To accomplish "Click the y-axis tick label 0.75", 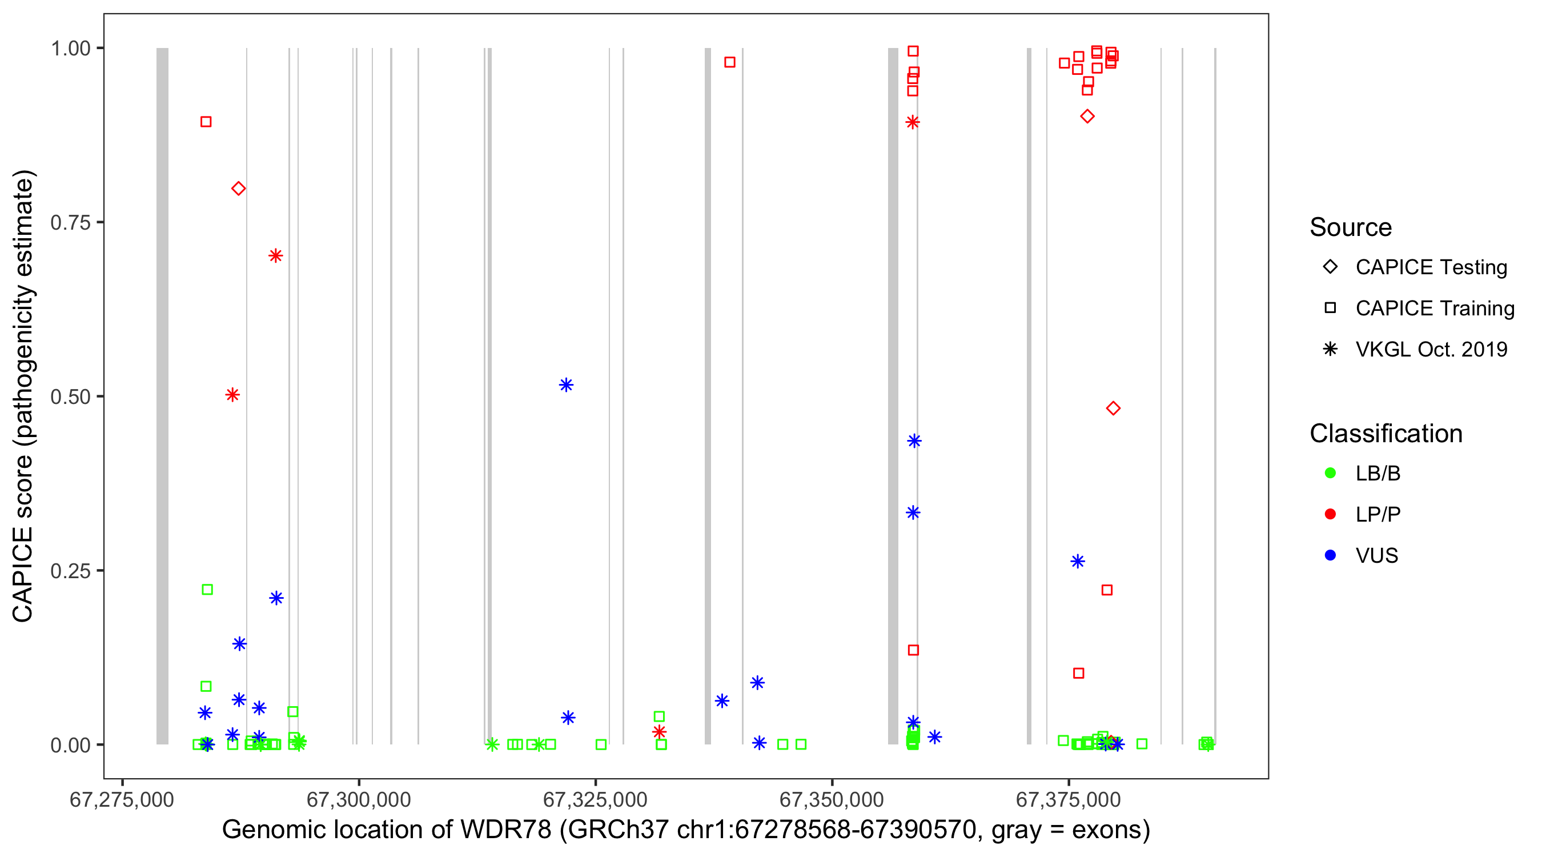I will point(70,223).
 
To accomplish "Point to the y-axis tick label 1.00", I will point(70,49).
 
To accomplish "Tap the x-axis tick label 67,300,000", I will point(359,799).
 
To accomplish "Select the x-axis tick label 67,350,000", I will point(832,799).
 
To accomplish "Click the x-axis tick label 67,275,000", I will point(122,799).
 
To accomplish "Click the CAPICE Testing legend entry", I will point(1431,267).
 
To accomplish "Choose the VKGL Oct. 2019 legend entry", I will point(1431,349).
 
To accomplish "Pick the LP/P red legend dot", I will point(1331,514).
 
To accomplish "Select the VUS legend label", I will point(1377,556).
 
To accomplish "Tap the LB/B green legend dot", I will point(1331,473).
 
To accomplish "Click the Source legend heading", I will point(1351,227).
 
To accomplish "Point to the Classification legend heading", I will point(1386,434).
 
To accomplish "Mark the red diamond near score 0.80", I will point(238,189).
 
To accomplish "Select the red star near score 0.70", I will point(275,257).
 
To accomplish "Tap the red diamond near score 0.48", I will point(1113,409).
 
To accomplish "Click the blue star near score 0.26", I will point(1078,562).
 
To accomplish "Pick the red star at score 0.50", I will point(233,395).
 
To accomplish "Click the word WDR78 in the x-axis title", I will point(505,830).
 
